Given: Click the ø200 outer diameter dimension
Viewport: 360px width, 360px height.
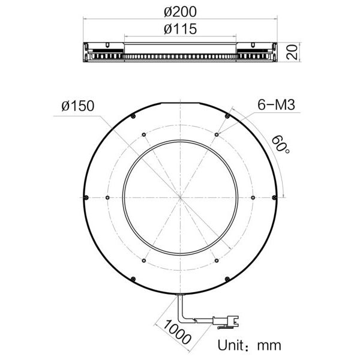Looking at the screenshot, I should (180, 12).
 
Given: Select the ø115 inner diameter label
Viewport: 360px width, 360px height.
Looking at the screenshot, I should (180, 29).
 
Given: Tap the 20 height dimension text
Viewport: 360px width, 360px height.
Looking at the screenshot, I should (292, 52).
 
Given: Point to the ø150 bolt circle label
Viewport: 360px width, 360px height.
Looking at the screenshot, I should (77, 106).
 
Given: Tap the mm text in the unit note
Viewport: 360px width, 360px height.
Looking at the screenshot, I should (268, 346).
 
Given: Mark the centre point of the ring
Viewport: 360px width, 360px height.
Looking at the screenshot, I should (180, 198).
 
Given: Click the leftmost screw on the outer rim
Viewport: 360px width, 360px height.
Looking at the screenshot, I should (87, 198).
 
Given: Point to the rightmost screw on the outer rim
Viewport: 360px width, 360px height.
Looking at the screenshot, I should (274, 198).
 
